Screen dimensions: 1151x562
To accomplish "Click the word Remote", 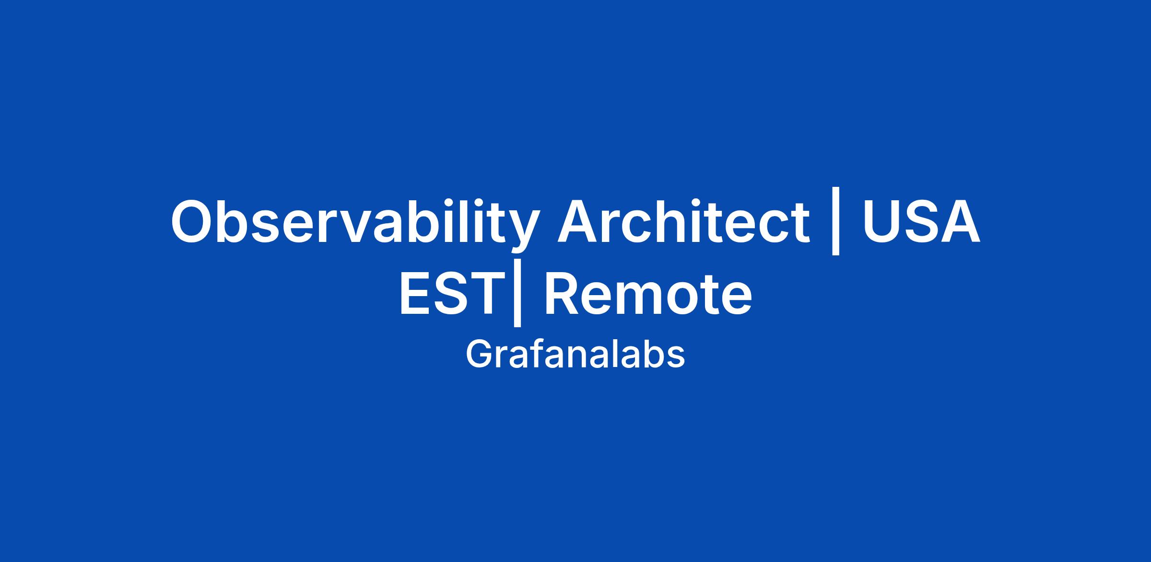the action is coord(647,293).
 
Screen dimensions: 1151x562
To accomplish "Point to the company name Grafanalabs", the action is coord(575,355).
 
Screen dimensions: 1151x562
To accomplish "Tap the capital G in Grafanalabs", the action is coord(478,355).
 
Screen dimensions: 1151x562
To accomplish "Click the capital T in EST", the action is coord(482,293).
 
